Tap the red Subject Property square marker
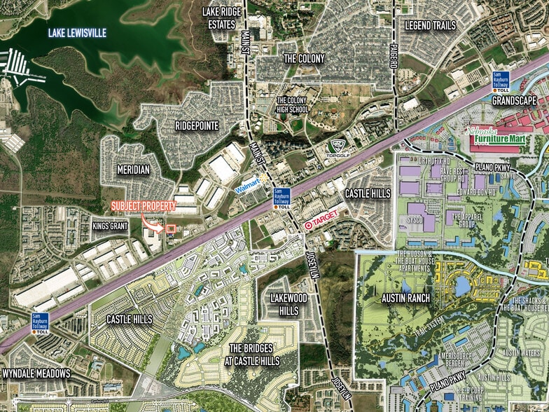coord(170,228)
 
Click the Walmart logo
coord(248,188)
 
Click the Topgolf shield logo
coord(338,148)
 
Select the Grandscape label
coord(515,101)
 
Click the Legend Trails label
coord(431,26)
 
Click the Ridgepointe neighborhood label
coord(197,126)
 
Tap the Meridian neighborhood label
coord(133,170)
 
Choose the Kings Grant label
coord(110,227)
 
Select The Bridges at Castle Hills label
coord(254,355)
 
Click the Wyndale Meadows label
coord(36,373)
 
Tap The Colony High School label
coord(292,105)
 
